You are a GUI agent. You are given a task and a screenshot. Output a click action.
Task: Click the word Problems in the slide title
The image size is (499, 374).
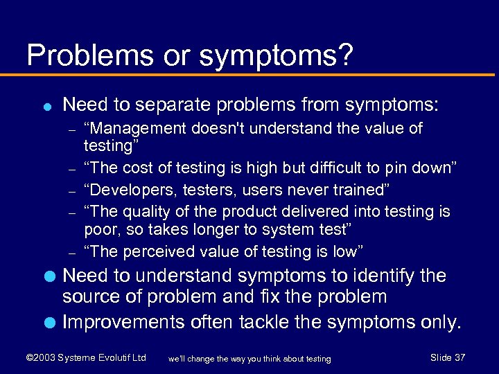pyautogui.click(x=76, y=55)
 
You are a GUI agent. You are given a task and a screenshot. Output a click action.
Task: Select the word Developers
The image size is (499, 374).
pyautogui.click(x=129, y=190)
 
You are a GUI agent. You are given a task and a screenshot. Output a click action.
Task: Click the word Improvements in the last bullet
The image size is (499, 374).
pyautogui.click(x=122, y=323)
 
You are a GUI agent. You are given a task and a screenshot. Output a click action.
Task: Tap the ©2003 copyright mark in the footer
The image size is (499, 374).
pyautogui.click(x=40, y=358)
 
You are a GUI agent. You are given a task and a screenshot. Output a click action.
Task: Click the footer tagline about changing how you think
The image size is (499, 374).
pyautogui.click(x=249, y=359)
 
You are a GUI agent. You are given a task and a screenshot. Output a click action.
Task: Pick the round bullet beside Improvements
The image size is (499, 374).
pyautogui.click(x=47, y=323)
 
